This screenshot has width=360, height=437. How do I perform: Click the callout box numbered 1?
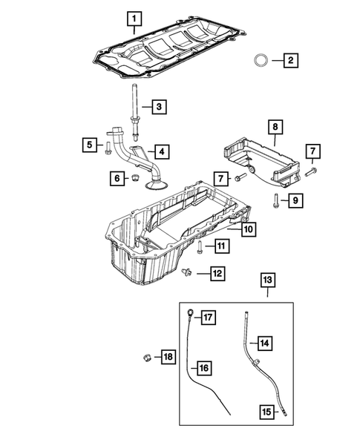click(x=134, y=16)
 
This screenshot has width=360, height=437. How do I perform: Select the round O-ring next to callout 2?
click(x=262, y=59)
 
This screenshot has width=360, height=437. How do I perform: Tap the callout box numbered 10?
click(x=246, y=231)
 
